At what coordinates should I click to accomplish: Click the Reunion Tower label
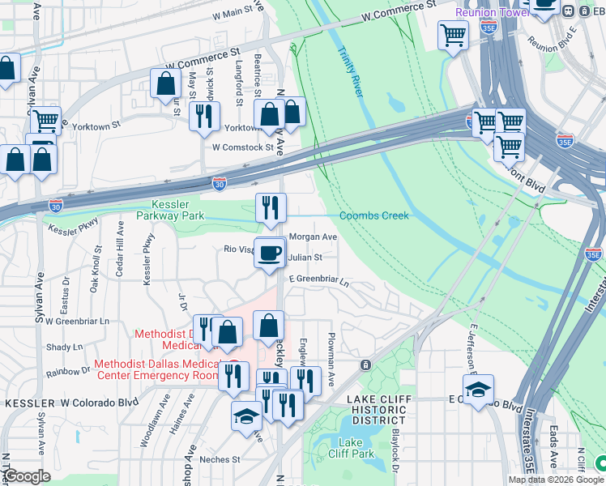[x=490, y=12]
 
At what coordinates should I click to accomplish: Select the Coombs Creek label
[x=373, y=215]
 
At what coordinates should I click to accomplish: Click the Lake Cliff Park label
[x=351, y=448]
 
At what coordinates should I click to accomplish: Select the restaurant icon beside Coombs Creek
[x=271, y=209]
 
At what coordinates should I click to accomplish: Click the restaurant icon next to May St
[x=204, y=116]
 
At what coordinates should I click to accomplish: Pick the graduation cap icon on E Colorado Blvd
[x=479, y=390]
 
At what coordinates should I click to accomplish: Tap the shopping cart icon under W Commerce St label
[x=453, y=35]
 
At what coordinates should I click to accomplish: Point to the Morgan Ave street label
[x=313, y=237]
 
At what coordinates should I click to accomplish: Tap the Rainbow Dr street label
[x=70, y=372]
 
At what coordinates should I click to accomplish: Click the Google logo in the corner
[x=28, y=476]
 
